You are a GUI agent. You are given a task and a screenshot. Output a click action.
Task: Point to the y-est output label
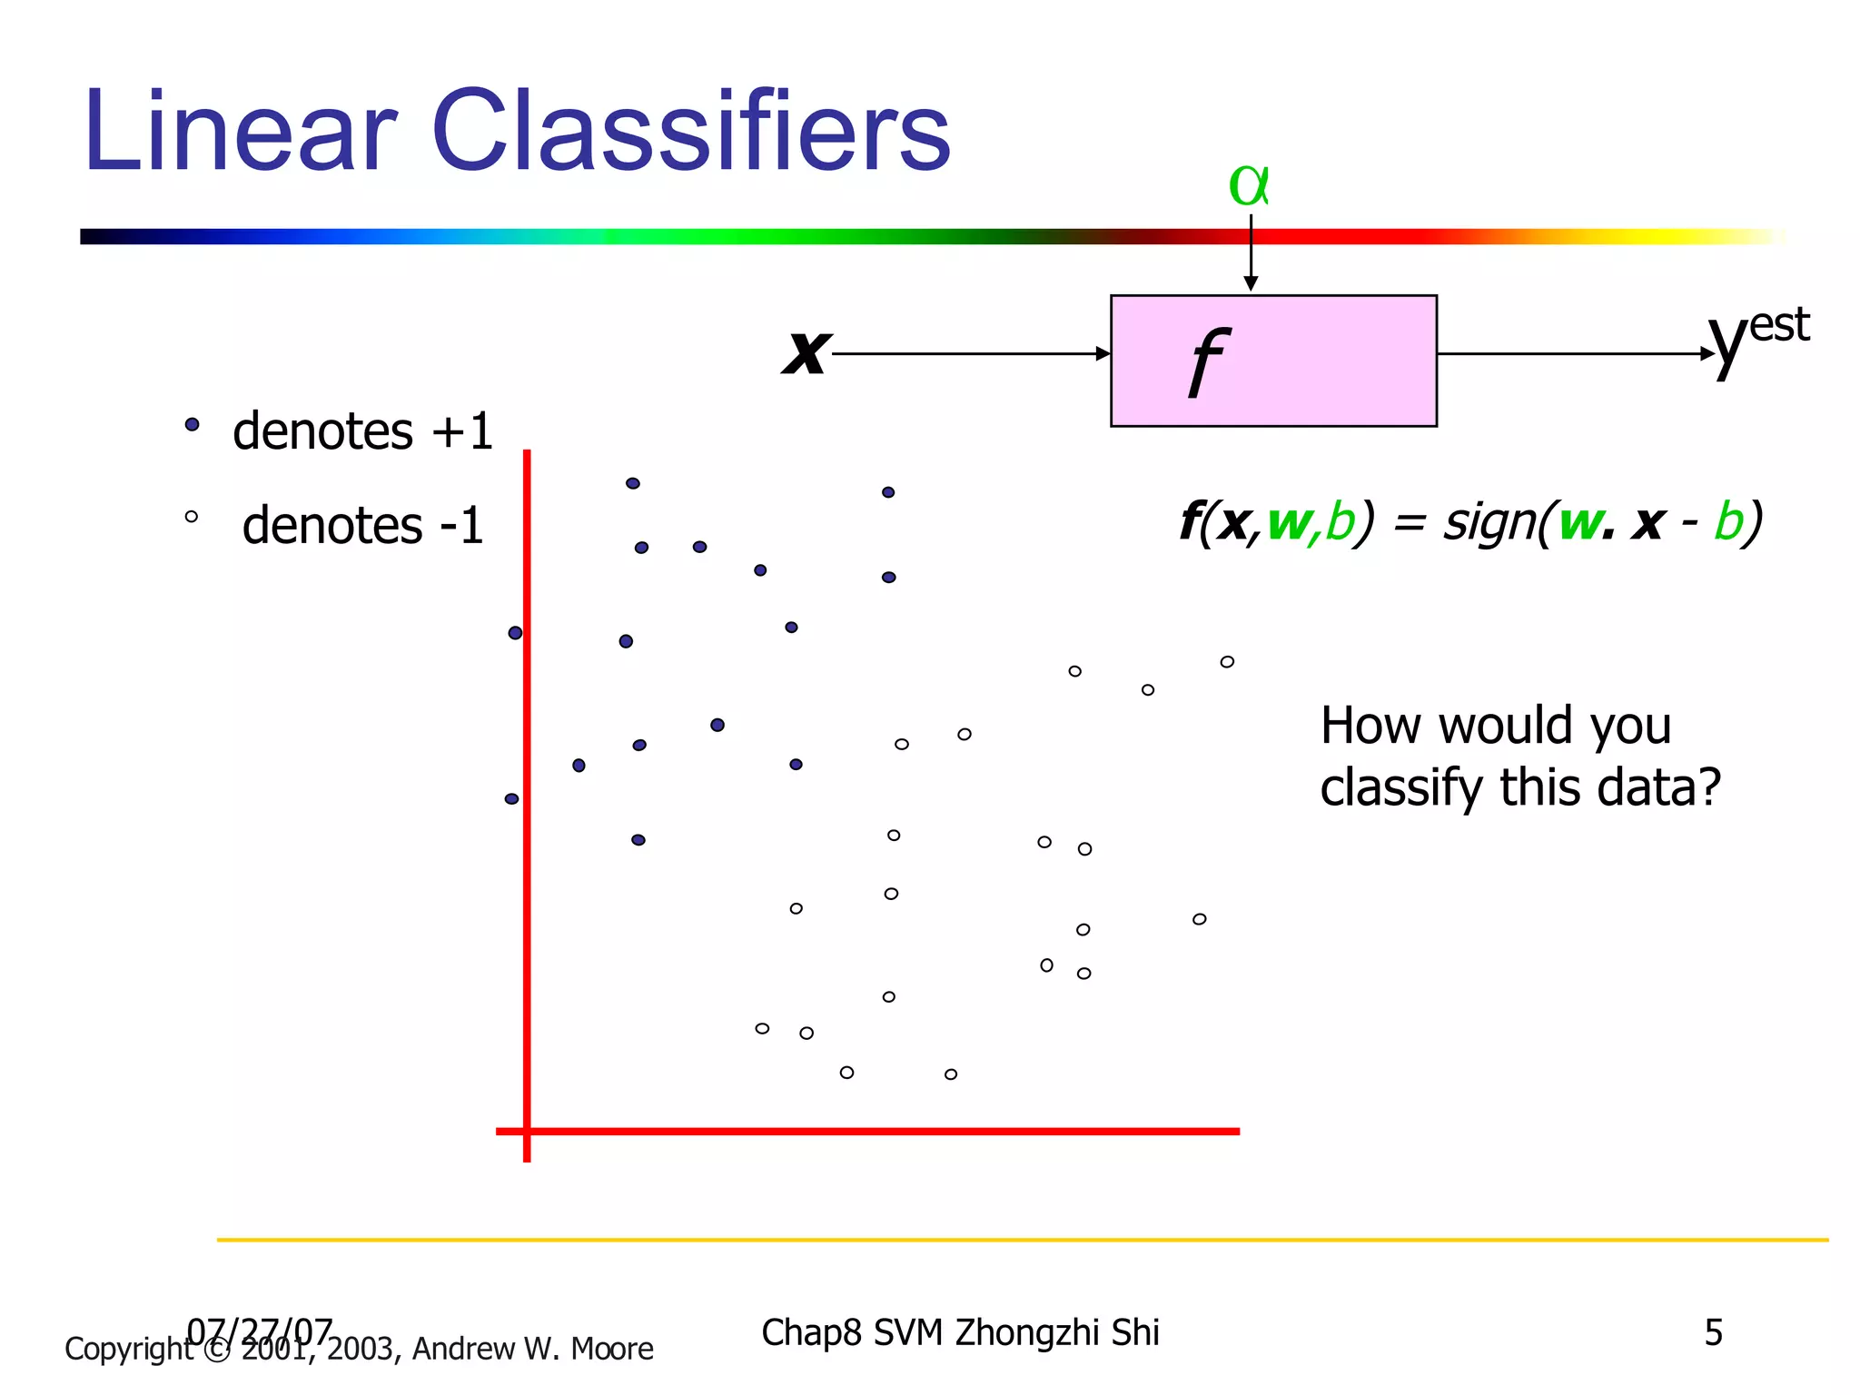(x=1757, y=338)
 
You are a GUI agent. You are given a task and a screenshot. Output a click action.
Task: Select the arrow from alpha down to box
(x=1251, y=252)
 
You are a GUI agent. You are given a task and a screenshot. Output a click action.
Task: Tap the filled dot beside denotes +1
(x=192, y=424)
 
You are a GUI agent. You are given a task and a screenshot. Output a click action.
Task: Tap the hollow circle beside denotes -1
(x=191, y=517)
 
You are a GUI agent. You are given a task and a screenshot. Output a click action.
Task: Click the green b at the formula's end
(x=1728, y=522)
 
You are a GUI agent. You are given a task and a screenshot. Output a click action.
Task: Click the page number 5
(x=1713, y=1332)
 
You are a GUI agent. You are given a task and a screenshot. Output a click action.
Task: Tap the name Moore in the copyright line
(x=611, y=1349)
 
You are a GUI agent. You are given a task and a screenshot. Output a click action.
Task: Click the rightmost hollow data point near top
(x=1227, y=661)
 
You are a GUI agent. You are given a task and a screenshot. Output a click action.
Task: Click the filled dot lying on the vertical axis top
(x=515, y=632)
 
